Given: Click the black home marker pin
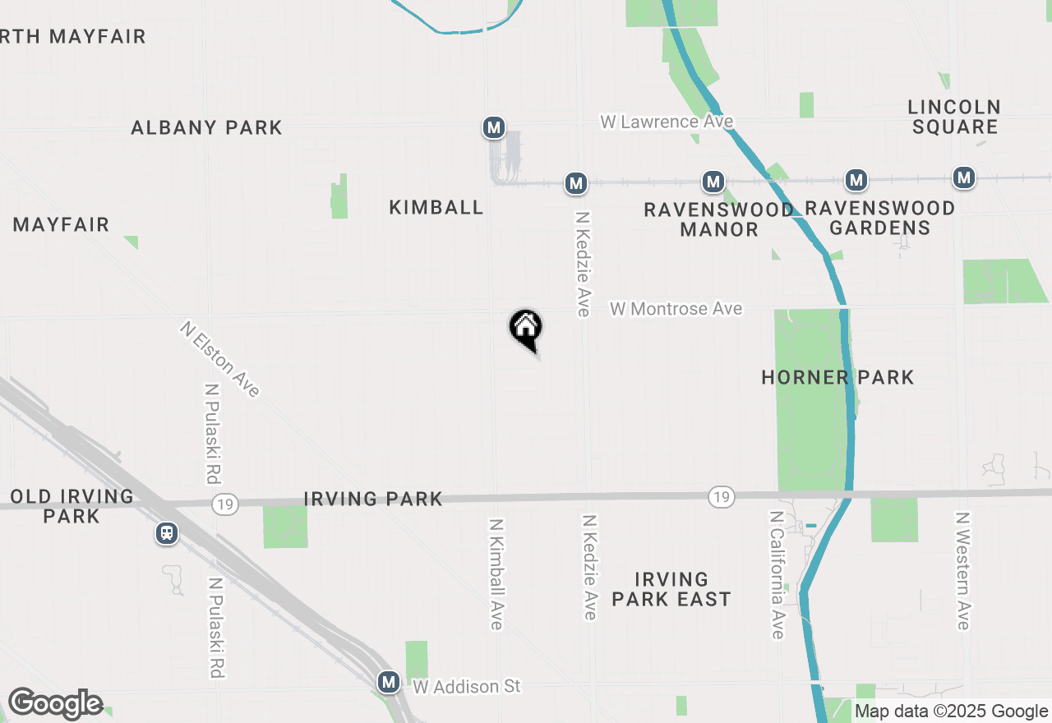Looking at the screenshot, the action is pos(526,329).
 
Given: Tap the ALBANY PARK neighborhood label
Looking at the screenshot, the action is pos(206,128).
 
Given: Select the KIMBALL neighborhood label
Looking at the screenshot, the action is pos(436,208).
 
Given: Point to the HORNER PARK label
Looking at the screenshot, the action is pos(837,378).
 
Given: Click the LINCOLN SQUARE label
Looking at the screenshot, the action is pos(954,117).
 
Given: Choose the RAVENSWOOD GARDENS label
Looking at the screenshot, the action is pos(879,219).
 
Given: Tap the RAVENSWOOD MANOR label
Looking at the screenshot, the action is pos(719,219).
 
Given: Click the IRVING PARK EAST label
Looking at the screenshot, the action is pos(671,590).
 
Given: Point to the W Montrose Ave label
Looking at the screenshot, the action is pos(676,309).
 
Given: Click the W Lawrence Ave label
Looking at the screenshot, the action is pos(667,122).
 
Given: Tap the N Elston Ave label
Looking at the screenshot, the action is pos(220,360).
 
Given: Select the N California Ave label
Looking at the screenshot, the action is pos(777,574).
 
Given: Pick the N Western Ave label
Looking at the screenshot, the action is pos(962,572).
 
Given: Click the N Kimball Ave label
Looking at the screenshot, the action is pos(496,574).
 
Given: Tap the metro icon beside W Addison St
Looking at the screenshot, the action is pos(389,682).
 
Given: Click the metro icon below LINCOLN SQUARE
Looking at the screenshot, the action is pos(964,177).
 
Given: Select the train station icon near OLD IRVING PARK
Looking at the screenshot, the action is pos(167,534).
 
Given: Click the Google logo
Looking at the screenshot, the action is pos(55,704).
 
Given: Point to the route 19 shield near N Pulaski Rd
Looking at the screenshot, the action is pos(224,504).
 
